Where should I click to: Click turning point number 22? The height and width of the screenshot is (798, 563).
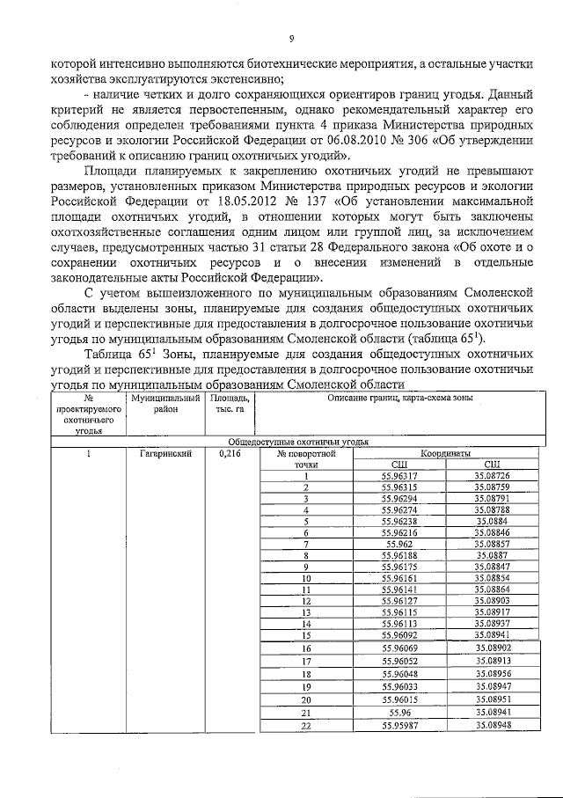coord(306,726)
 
